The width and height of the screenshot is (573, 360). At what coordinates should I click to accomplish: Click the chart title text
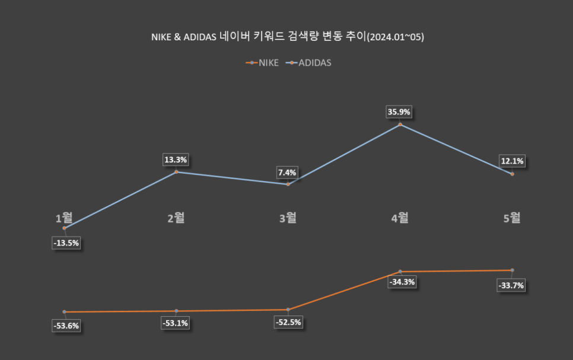[x=288, y=37]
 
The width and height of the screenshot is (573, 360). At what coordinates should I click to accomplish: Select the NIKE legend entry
[x=263, y=62]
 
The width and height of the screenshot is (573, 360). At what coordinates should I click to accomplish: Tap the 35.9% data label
[x=400, y=112]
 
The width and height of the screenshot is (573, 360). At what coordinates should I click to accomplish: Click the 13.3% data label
[x=176, y=160]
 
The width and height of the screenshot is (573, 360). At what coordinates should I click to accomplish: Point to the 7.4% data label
[x=288, y=173]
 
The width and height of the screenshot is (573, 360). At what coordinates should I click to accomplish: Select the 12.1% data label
[x=512, y=161]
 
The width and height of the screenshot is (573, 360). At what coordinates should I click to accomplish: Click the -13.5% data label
[x=65, y=243]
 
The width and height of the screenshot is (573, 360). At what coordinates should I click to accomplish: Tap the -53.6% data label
[x=65, y=326]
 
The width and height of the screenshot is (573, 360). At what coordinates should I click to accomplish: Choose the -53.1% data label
[x=176, y=323]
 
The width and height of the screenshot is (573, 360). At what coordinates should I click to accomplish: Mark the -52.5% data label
[x=288, y=323]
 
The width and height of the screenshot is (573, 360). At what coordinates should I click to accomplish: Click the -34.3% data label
[x=402, y=282]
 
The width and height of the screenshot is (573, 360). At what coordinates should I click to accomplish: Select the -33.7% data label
[x=511, y=285]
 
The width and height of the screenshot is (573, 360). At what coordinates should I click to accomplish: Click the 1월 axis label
[x=64, y=218]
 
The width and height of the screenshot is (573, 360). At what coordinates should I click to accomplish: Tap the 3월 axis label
[x=288, y=218]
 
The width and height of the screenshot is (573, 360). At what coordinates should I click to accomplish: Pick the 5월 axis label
[x=512, y=218]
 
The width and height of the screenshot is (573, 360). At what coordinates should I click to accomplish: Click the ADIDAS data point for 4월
[x=400, y=125]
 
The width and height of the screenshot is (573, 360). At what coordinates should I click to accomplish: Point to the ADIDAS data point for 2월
[x=176, y=172]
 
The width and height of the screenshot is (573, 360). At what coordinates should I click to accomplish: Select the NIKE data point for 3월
[x=288, y=310]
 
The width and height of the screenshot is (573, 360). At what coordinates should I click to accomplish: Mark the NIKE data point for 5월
[x=512, y=270]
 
